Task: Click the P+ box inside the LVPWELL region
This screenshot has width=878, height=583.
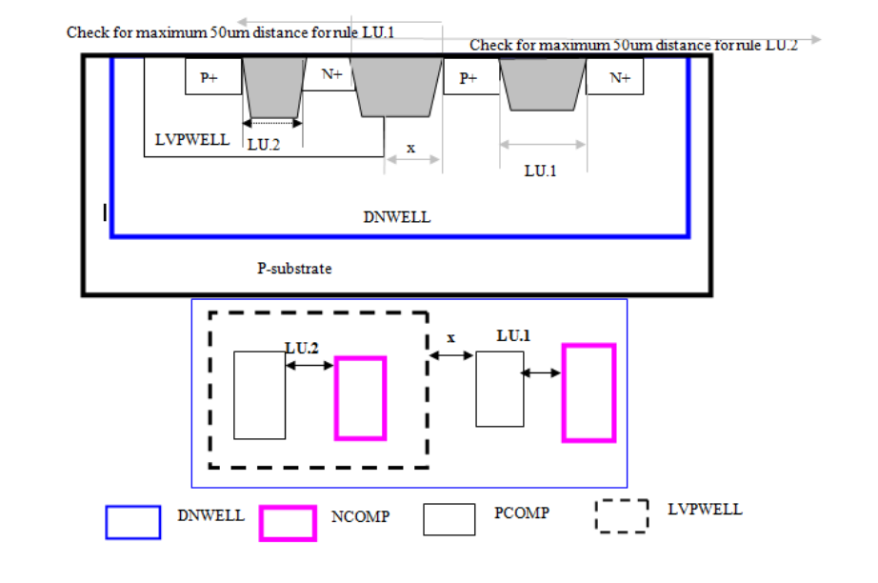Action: (209, 78)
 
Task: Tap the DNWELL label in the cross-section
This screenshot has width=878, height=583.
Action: (396, 217)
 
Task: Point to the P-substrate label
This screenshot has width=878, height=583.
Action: (294, 269)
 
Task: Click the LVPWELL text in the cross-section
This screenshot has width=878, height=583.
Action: (191, 140)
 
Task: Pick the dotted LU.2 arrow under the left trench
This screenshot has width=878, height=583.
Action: (272, 122)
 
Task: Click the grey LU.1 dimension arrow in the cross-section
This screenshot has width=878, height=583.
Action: (543, 145)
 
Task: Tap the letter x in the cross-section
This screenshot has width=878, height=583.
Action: (411, 149)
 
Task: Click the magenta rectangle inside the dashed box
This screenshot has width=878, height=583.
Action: (360, 398)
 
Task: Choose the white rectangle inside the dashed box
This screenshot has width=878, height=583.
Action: (259, 394)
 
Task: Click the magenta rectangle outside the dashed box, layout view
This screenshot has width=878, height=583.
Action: (589, 392)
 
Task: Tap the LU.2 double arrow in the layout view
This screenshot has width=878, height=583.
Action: (309, 364)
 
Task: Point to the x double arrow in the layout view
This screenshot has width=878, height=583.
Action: (451, 355)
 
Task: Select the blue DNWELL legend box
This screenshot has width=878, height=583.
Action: (132, 522)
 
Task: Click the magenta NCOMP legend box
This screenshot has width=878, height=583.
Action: (288, 523)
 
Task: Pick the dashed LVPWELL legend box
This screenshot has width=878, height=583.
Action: (622, 516)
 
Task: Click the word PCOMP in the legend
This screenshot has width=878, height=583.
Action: (522, 513)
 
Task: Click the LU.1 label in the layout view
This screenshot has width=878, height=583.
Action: (512, 337)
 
